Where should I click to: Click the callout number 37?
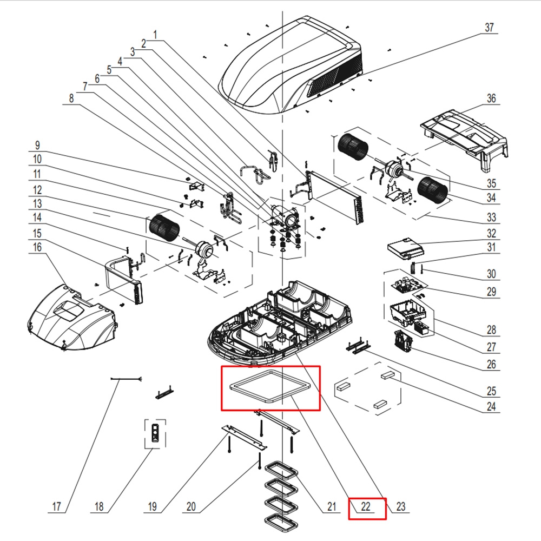click(x=489, y=28)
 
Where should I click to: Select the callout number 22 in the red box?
click(x=366, y=507)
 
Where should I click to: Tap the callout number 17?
click(x=57, y=507)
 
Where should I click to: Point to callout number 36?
click(x=491, y=98)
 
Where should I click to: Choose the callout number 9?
click(x=37, y=145)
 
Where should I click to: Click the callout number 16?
click(x=37, y=247)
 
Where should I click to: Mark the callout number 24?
click(x=491, y=407)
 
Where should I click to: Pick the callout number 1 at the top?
click(x=155, y=34)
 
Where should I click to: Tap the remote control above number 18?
click(x=156, y=434)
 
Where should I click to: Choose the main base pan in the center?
click(x=281, y=325)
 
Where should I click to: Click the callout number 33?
click(x=491, y=218)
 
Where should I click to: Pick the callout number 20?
click(x=190, y=507)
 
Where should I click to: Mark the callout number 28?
click(x=491, y=329)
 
